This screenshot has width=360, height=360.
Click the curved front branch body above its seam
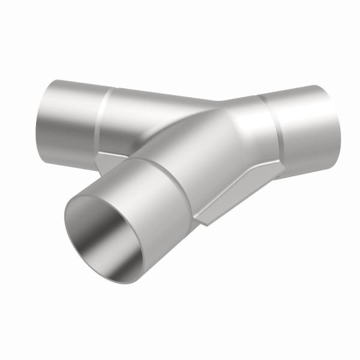coord(198,138)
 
